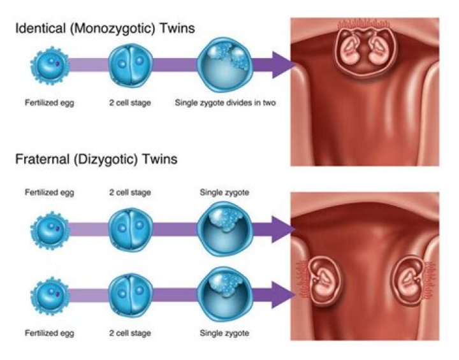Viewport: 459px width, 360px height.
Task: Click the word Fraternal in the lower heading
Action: click(39, 159)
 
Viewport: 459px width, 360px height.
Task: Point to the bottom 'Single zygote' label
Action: click(224, 333)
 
